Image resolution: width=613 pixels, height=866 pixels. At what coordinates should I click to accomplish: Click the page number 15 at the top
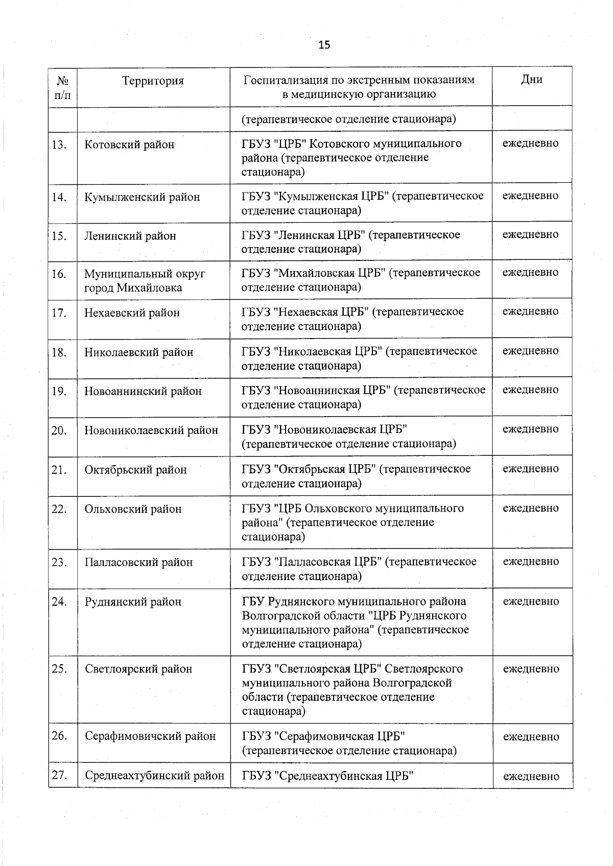pos(324,45)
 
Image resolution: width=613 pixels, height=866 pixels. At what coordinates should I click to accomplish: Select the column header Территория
pos(153,81)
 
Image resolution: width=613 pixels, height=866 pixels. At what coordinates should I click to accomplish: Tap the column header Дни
pos(532,80)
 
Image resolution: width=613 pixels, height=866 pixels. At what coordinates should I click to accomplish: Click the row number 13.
pos(59,145)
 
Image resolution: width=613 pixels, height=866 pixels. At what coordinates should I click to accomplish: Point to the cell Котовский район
pos(129,145)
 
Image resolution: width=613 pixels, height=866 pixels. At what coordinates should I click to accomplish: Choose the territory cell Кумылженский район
pos(142,197)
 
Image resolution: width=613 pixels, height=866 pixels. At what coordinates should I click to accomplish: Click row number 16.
pos(59,274)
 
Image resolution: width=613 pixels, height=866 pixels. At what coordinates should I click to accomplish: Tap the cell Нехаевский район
pos(132,312)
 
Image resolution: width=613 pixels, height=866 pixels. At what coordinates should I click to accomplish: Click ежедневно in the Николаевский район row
pos(531,351)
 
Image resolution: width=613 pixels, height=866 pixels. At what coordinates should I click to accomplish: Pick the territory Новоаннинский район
pos(143,391)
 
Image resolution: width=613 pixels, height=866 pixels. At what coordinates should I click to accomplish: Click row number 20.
pos(59,430)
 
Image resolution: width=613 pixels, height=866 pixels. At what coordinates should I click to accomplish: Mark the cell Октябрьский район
pos(135,470)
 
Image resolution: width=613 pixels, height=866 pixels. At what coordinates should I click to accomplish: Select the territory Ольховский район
pos(133,509)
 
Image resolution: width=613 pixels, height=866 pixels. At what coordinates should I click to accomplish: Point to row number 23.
pos(59,562)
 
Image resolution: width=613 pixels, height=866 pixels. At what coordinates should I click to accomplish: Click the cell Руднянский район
pos(133,602)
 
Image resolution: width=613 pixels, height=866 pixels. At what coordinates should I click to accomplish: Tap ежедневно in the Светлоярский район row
pos(531,669)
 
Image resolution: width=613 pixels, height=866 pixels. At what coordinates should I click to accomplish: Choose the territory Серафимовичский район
pos(150,736)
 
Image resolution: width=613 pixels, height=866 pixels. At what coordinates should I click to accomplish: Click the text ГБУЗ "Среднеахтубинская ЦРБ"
pos(327,776)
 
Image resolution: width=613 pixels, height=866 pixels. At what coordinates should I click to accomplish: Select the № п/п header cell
pos(63,87)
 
